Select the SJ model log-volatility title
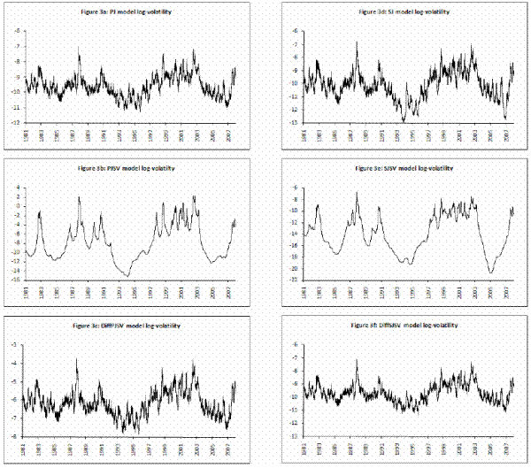tap(405, 12)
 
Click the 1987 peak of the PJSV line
tap(79, 197)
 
